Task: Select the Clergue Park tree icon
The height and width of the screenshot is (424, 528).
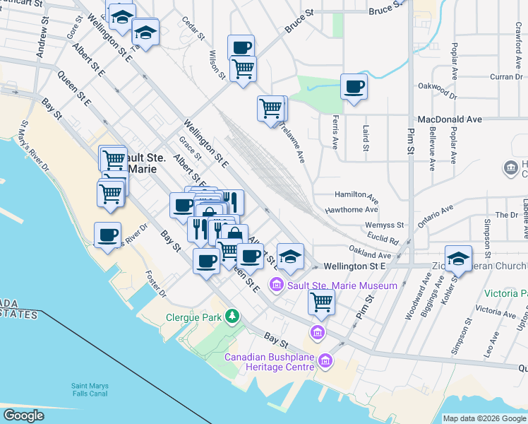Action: tap(232, 316)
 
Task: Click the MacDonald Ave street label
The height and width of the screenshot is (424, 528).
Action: tap(449, 120)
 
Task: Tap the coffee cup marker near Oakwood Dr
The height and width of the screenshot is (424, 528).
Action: tap(354, 87)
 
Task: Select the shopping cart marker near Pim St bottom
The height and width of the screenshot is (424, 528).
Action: tap(321, 302)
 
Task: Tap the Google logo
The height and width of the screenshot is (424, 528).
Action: tap(23, 416)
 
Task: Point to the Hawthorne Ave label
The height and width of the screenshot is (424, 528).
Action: tap(352, 210)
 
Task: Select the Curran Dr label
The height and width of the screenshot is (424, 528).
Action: tap(507, 76)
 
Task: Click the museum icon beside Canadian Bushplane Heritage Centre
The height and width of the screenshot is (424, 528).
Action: tap(325, 361)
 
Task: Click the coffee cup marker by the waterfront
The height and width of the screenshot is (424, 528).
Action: tap(107, 235)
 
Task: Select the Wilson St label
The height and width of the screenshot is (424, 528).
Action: tap(217, 64)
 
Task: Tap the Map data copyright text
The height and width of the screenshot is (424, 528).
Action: tap(484, 418)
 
